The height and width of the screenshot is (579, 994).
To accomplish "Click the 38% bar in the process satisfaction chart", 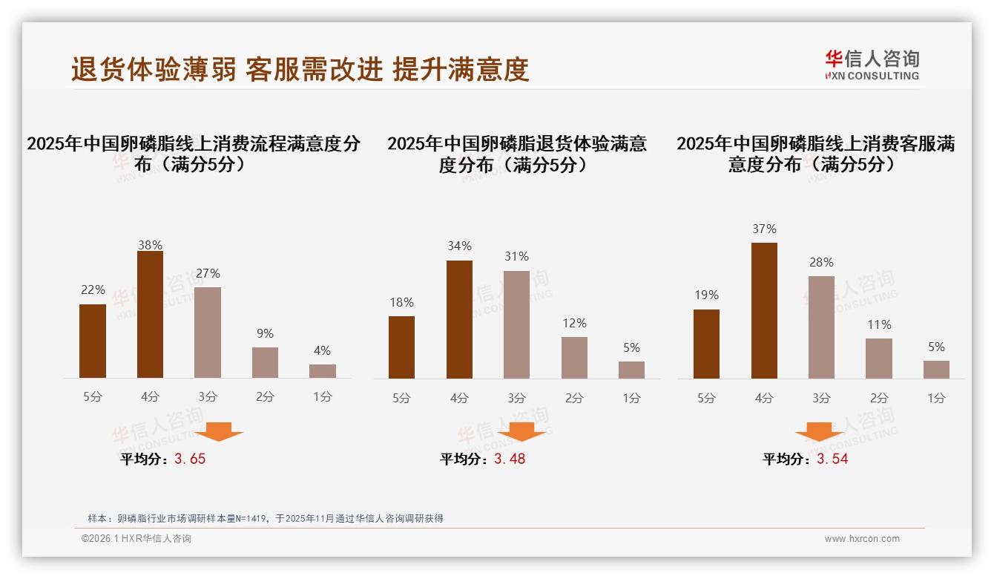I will [150, 315].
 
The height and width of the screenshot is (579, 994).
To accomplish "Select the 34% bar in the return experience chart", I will [459, 319].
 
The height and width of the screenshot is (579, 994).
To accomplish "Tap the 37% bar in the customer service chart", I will [764, 310].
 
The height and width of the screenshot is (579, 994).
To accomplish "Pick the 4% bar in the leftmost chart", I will [323, 371].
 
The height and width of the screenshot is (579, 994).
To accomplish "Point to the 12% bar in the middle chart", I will [574, 358].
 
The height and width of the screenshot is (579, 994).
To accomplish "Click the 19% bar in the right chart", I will [706, 344].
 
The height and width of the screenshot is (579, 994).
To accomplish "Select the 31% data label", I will [516, 257].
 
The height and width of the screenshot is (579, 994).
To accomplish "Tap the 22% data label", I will [93, 290].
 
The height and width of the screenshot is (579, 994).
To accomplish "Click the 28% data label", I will [821, 263].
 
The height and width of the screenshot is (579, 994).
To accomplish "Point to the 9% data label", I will [265, 334].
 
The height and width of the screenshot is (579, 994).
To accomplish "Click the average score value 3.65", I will [190, 459].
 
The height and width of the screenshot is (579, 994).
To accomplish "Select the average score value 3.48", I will [510, 459].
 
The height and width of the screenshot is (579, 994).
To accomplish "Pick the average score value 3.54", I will [832, 459].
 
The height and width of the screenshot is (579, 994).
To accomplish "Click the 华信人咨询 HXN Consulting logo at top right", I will [872, 65].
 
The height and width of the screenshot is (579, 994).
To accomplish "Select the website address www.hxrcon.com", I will [862, 539].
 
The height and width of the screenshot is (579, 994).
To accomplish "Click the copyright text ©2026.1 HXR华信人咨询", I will [136, 539].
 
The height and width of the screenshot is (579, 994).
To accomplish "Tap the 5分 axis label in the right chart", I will [706, 399].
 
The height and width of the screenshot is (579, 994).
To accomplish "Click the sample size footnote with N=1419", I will [265, 518].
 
